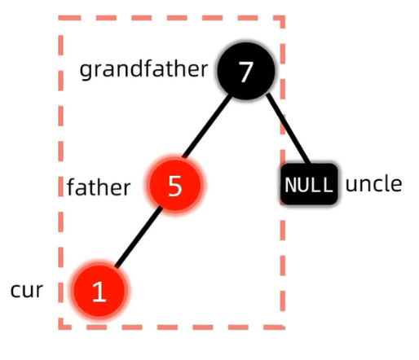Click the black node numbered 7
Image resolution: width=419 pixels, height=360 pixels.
click(246, 71)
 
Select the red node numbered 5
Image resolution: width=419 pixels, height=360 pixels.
click(175, 185)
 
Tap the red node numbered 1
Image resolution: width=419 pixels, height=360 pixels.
click(99, 291)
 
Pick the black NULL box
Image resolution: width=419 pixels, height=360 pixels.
click(309, 184)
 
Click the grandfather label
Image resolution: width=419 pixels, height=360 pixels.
click(143, 68)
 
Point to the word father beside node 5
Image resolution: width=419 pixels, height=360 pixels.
click(99, 187)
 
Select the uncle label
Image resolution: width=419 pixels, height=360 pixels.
click(373, 184)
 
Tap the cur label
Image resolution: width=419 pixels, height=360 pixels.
click(27, 291)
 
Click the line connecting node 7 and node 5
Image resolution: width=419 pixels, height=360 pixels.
click(207, 126)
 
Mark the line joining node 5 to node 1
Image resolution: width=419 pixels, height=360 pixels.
click(139, 237)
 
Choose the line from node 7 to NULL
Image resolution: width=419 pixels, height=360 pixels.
click(288, 128)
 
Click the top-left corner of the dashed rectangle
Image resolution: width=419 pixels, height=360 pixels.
click(60, 18)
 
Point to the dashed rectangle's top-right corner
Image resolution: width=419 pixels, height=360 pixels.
click(283, 18)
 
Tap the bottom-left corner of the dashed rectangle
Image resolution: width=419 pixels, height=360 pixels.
click(60, 327)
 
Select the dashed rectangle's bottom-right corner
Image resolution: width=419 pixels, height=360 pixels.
click(283, 327)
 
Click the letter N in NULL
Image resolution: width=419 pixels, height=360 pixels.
click(290, 185)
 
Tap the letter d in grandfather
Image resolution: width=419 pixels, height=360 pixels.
click(135, 68)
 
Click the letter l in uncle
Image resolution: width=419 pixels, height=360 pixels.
click(386, 183)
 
